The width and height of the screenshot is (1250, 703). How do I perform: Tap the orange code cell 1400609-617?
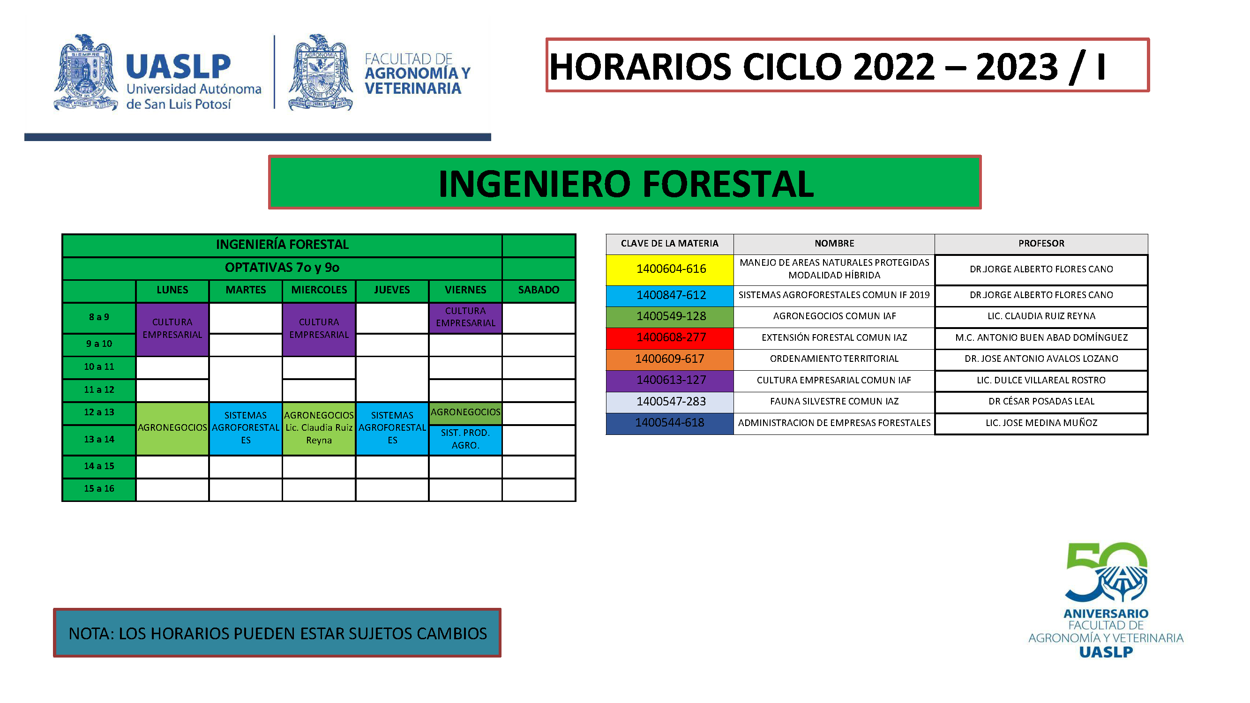670,359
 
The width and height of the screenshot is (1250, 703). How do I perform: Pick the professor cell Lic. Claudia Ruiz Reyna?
1041,316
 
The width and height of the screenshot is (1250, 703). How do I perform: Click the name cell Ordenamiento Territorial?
834,359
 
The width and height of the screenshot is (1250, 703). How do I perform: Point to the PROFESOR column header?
1041,244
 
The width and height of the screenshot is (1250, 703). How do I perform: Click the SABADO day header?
539,291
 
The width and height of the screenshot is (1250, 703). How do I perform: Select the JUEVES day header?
392,291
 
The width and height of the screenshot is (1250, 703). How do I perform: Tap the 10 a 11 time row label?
99,367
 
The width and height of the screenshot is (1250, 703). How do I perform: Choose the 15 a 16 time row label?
99,489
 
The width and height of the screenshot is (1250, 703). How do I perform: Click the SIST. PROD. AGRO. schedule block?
465,440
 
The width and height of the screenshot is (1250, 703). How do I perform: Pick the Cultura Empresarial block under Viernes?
465,317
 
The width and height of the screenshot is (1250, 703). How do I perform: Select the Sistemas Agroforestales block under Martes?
246,428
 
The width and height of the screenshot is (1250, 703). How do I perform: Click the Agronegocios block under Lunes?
172,428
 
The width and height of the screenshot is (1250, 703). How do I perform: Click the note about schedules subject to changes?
277,633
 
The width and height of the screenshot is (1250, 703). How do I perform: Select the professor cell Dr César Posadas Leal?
1041,402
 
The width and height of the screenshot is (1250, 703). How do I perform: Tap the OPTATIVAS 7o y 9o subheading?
282,268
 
